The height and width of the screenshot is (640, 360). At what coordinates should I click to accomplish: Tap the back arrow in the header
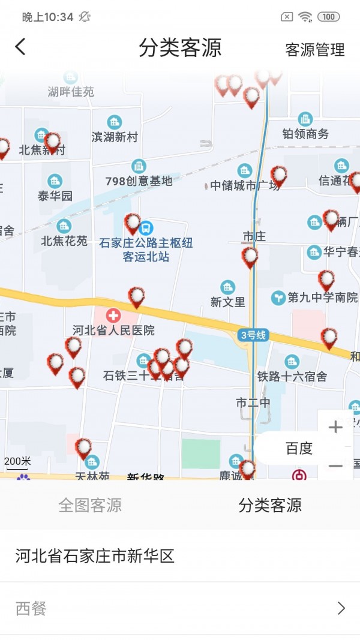pyautogui.click(x=20, y=47)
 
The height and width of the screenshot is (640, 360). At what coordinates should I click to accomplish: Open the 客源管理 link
pyautogui.click(x=314, y=50)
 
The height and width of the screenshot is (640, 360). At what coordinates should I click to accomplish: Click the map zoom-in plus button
pyautogui.click(x=335, y=427)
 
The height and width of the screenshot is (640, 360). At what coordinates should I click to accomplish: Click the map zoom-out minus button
pyautogui.click(x=335, y=465)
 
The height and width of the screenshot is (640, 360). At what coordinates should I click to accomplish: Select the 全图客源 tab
pyautogui.click(x=90, y=505)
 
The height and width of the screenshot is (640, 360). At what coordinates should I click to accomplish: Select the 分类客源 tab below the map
pyautogui.click(x=270, y=505)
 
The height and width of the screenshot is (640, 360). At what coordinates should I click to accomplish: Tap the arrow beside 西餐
pyautogui.click(x=341, y=609)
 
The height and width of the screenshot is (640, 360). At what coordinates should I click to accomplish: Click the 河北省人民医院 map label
pyautogui.click(x=113, y=330)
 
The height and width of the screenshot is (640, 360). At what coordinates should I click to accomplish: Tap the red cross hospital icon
pyautogui.click(x=113, y=316)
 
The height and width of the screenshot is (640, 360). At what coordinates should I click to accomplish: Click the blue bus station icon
pyautogui.click(x=146, y=228)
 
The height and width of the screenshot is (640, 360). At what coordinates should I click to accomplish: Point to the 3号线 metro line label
pyautogui.click(x=253, y=335)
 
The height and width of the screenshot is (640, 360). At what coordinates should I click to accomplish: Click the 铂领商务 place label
pyautogui.click(x=305, y=134)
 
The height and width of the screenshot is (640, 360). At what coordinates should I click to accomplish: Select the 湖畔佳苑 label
pyautogui.click(x=71, y=92)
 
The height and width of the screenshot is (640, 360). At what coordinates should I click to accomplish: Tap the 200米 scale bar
pyautogui.click(x=17, y=462)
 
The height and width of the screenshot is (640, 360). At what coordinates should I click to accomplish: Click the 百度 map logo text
pyautogui.click(x=299, y=449)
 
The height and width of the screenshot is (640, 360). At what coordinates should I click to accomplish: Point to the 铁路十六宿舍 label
pyautogui.click(x=292, y=377)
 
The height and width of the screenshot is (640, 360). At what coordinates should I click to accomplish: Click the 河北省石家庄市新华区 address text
pyautogui.click(x=95, y=556)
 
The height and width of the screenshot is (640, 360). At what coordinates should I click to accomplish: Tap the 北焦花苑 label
pyautogui.click(x=64, y=241)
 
